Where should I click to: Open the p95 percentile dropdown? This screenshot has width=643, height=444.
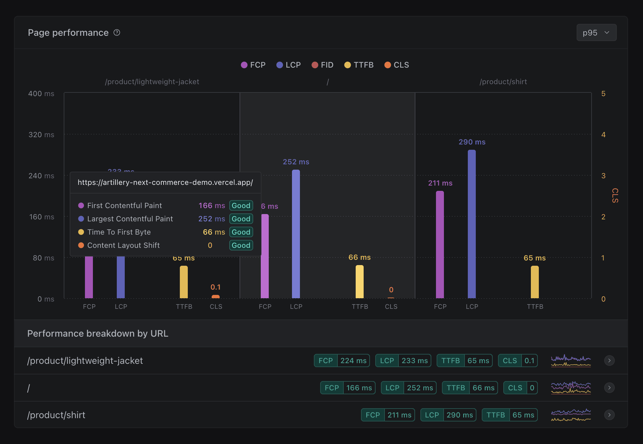(x=596, y=32)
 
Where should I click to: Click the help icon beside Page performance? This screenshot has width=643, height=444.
(x=117, y=32)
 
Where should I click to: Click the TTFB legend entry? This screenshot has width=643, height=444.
(x=359, y=65)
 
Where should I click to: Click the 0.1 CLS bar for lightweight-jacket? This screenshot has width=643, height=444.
(x=215, y=297)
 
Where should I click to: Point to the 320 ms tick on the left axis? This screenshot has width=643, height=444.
(x=41, y=135)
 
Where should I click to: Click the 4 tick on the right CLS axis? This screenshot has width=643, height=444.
(x=603, y=135)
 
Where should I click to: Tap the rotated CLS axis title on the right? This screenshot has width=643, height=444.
(x=615, y=195)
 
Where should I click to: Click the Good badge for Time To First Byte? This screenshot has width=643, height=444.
(x=241, y=232)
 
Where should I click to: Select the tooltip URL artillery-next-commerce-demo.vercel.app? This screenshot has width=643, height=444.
(x=165, y=183)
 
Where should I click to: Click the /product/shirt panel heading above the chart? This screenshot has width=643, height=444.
(x=503, y=82)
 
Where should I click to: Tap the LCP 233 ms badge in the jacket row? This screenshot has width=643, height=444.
(x=403, y=361)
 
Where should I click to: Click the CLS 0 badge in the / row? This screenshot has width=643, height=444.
(x=520, y=388)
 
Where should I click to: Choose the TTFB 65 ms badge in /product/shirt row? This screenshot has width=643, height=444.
(x=509, y=415)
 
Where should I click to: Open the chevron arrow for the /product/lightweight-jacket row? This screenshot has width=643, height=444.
(x=609, y=361)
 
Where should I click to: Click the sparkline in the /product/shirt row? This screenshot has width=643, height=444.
(x=571, y=415)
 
